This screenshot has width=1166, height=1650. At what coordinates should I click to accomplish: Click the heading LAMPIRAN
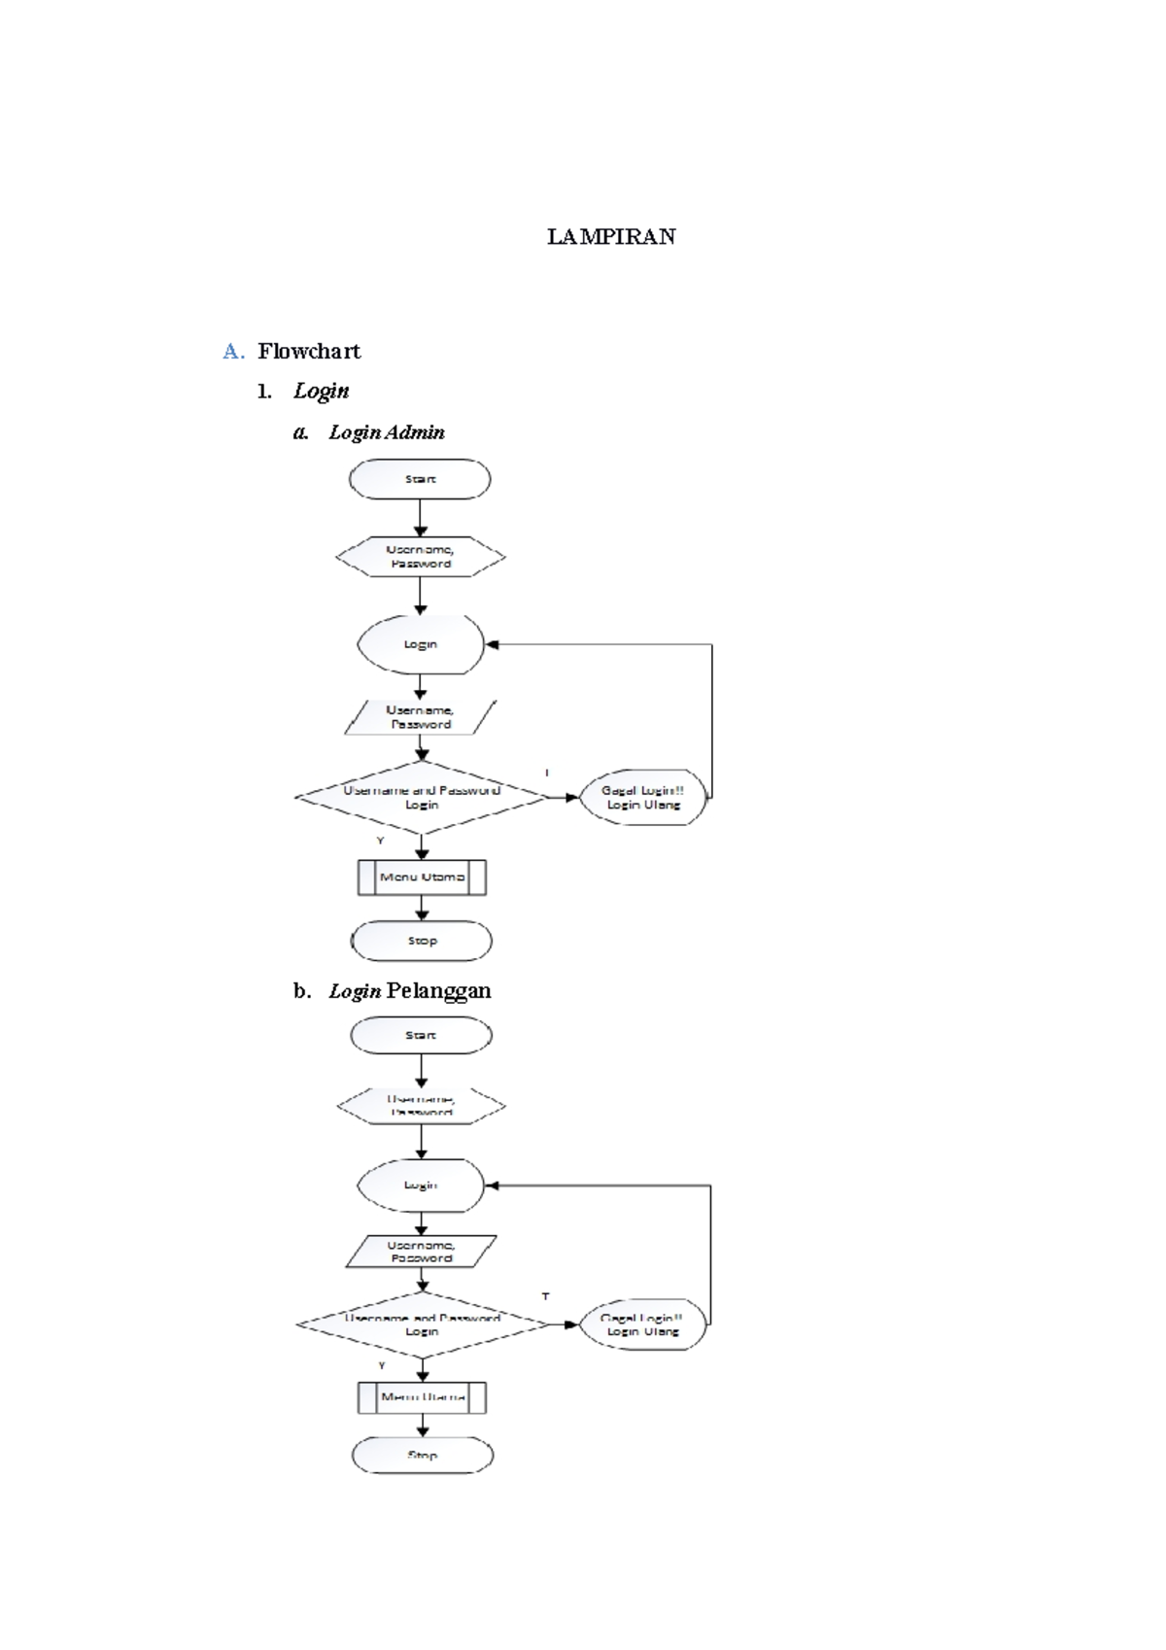pyautogui.click(x=611, y=237)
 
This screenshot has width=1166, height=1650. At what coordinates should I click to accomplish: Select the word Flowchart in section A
pyautogui.click(x=309, y=352)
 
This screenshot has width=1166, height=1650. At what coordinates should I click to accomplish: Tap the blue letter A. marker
pyautogui.click(x=233, y=352)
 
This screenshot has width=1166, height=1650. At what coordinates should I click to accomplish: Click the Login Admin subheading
pyautogui.click(x=386, y=432)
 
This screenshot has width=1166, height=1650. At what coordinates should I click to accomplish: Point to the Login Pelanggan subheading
pyautogui.click(x=409, y=991)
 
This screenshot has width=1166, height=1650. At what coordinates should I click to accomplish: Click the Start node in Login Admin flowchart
pyautogui.click(x=420, y=479)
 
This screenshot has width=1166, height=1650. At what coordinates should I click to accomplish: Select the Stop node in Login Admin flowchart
pyautogui.click(x=422, y=941)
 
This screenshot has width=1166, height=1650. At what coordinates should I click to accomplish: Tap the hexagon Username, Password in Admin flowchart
pyautogui.click(x=420, y=557)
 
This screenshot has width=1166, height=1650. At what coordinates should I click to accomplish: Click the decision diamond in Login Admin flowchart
pyautogui.click(x=422, y=798)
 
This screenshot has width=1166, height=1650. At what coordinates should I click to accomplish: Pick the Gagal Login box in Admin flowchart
pyautogui.click(x=642, y=798)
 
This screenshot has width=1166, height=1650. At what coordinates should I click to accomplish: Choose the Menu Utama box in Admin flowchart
pyautogui.click(x=422, y=877)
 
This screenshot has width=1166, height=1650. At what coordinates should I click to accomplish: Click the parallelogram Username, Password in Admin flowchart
pyautogui.click(x=420, y=717)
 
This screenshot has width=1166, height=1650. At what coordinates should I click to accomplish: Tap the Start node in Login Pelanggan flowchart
pyautogui.click(x=421, y=1036)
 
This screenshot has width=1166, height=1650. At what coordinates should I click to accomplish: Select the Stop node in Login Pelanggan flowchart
pyautogui.click(x=423, y=1456)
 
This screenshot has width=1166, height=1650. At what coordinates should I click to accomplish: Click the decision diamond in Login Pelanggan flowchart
pyautogui.click(x=423, y=1324)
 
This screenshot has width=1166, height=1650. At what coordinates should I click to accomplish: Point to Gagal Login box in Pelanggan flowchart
pyautogui.click(x=642, y=1324)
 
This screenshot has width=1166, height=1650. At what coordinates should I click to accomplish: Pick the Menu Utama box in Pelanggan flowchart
pyautogui.click(x=423, y=1397)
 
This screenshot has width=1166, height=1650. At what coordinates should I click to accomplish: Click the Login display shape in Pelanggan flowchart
pyautogui.click(x=421, y=1186)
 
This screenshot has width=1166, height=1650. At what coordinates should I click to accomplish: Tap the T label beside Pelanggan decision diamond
pyautogui.click(x=546, y=1296)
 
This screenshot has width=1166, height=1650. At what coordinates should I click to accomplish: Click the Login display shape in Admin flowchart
pyautogui.click(x=421, y=644)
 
